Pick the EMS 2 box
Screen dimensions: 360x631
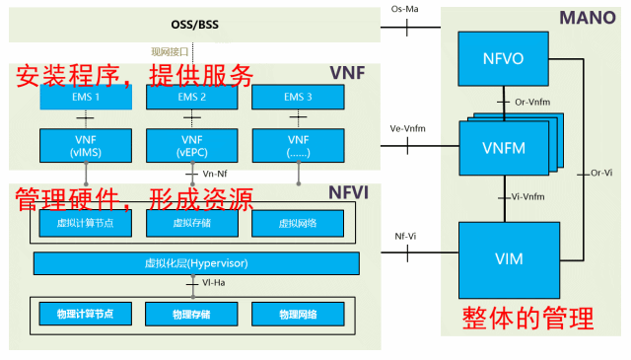point(189,98)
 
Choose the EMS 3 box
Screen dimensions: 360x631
point(295,98)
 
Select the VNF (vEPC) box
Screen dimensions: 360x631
point(189,144)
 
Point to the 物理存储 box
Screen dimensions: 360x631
point(189,314)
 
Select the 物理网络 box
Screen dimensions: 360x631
point(295,314)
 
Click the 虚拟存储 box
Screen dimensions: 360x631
point(189,224)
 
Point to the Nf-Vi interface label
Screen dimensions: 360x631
point(405,237)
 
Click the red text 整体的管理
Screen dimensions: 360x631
point(528,318)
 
